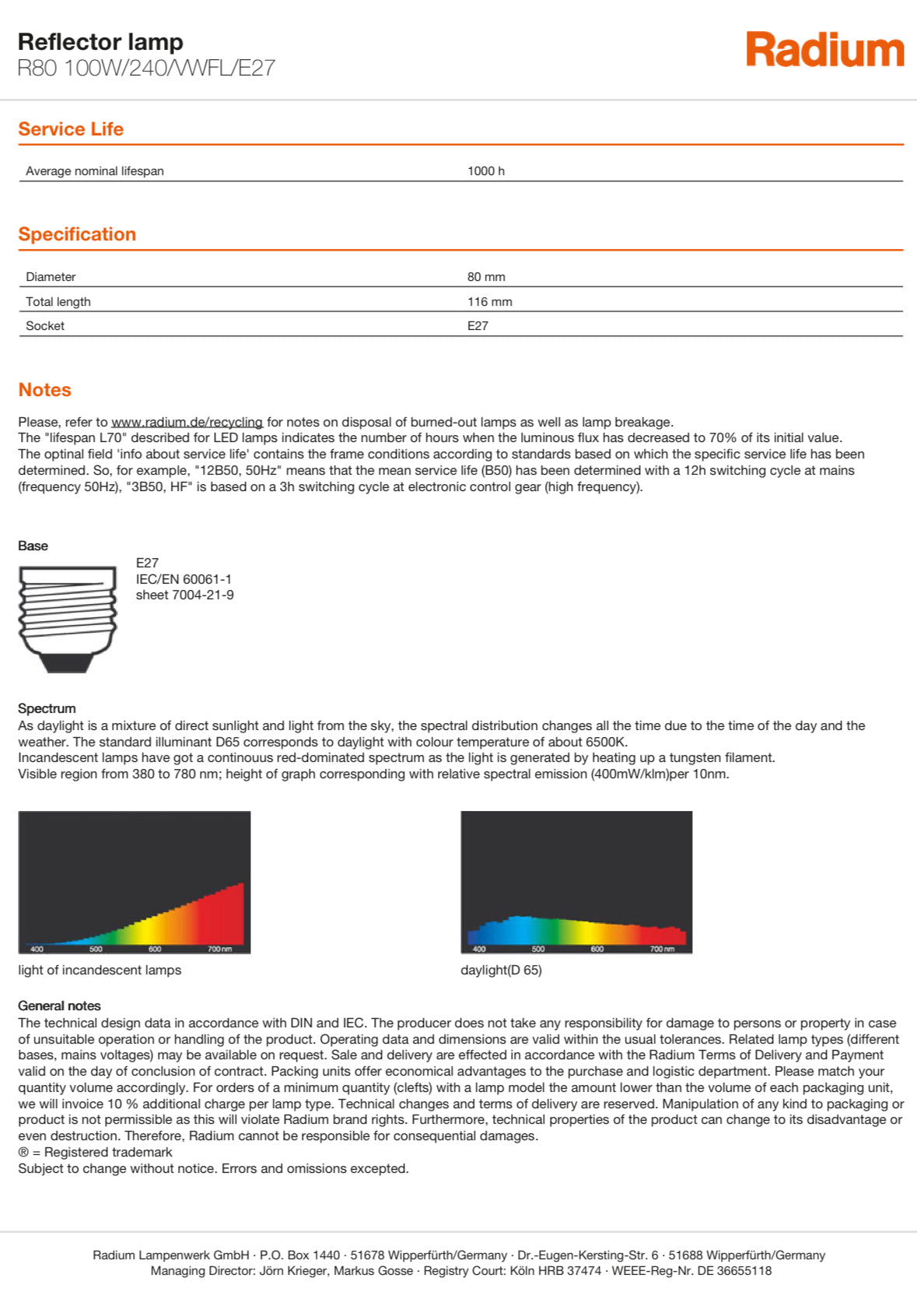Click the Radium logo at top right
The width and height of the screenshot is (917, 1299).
click(824, 50)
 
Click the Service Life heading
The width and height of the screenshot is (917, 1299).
click(71, 129)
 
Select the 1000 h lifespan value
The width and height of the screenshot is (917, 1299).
click(486, 171)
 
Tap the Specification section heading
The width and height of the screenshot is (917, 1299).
click(77, 234)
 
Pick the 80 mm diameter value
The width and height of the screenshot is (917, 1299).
click(486, 277)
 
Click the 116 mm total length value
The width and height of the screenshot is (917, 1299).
click(489, 302)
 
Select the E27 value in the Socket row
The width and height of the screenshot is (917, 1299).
click(478, 326)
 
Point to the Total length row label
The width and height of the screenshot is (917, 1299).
click(58, 302)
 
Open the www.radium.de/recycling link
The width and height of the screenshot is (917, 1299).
click(187, 422)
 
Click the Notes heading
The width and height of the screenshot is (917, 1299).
click(44, 390)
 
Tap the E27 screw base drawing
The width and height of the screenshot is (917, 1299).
click(67, 619)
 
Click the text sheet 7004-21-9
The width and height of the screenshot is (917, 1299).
click(184, 595)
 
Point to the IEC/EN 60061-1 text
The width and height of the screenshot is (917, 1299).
click(184, 579)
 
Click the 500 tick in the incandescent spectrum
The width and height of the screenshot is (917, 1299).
click(96, 949)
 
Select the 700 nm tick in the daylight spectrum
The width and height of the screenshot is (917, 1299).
click(662, 949)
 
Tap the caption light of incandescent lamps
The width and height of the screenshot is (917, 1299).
click(100, 971)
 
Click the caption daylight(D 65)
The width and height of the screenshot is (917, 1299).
click(501, 971)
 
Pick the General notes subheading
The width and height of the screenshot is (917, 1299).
click(59, 1006)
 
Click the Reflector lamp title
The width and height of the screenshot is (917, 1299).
click(100, 42)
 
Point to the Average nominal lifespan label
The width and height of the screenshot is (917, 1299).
click(95, 171)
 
